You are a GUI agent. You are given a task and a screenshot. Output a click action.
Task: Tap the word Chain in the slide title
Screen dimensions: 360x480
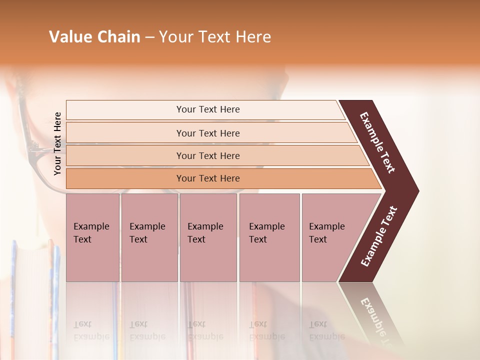pos(118,37)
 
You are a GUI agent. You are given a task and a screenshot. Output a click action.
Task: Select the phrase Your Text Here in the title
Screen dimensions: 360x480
pos(215,37)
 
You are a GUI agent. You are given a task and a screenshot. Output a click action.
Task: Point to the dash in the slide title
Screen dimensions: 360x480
pos(149,37)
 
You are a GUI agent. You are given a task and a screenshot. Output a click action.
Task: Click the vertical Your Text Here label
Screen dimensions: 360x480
pos(57,144)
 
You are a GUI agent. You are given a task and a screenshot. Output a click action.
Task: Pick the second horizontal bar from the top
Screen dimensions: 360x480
pos(208,133)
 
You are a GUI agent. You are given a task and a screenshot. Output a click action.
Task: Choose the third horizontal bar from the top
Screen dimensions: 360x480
pos(208,155)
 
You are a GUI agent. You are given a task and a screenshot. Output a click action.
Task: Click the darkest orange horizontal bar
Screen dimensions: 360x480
pos(208,178)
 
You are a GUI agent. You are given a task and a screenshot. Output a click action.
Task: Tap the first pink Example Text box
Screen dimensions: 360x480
pos(92,237)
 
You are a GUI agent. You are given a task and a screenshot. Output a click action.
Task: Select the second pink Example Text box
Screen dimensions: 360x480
pos(149,237)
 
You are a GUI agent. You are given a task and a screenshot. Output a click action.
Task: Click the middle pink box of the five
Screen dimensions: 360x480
pos(208,237)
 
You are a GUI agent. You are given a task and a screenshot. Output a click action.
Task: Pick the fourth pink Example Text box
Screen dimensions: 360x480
pos(269,237)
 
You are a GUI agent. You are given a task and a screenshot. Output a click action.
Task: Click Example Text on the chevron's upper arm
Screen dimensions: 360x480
pos(377,142)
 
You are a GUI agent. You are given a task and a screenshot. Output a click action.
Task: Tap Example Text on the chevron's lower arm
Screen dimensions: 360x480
pos(379,236)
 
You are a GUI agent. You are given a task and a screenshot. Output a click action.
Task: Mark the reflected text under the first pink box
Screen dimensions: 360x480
pos(91,330)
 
